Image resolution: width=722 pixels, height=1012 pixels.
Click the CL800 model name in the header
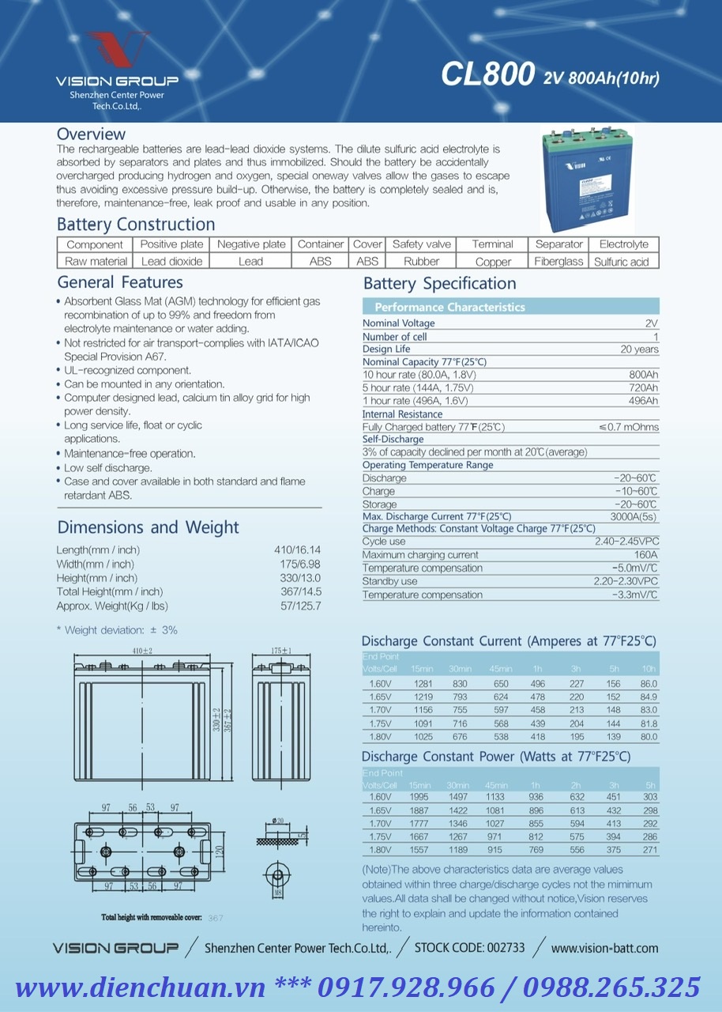coord(488,74)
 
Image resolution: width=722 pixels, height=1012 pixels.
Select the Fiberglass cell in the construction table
coord(558,262)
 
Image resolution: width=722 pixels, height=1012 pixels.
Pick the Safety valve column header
coord(422,244)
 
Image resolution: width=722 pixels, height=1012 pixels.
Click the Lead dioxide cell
coord(171,262)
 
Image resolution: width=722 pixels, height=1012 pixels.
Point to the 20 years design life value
coord(639,349)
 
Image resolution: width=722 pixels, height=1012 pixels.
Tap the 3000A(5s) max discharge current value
coord(634,516)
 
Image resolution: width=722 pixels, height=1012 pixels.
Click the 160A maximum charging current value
coord(645,555)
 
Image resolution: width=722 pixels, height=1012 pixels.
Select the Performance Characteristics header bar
coord(510,307)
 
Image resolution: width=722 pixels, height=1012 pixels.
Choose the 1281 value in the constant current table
coord(423,684)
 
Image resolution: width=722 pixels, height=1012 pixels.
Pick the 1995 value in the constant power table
coord(419,797)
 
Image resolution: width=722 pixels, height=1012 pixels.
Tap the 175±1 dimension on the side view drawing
coord(280,651)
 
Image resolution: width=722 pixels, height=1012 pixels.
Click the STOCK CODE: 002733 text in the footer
coord(469,947)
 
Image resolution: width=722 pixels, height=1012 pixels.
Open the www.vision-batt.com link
coord(604,948)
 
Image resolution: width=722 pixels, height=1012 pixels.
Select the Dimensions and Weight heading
coord(148,527)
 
